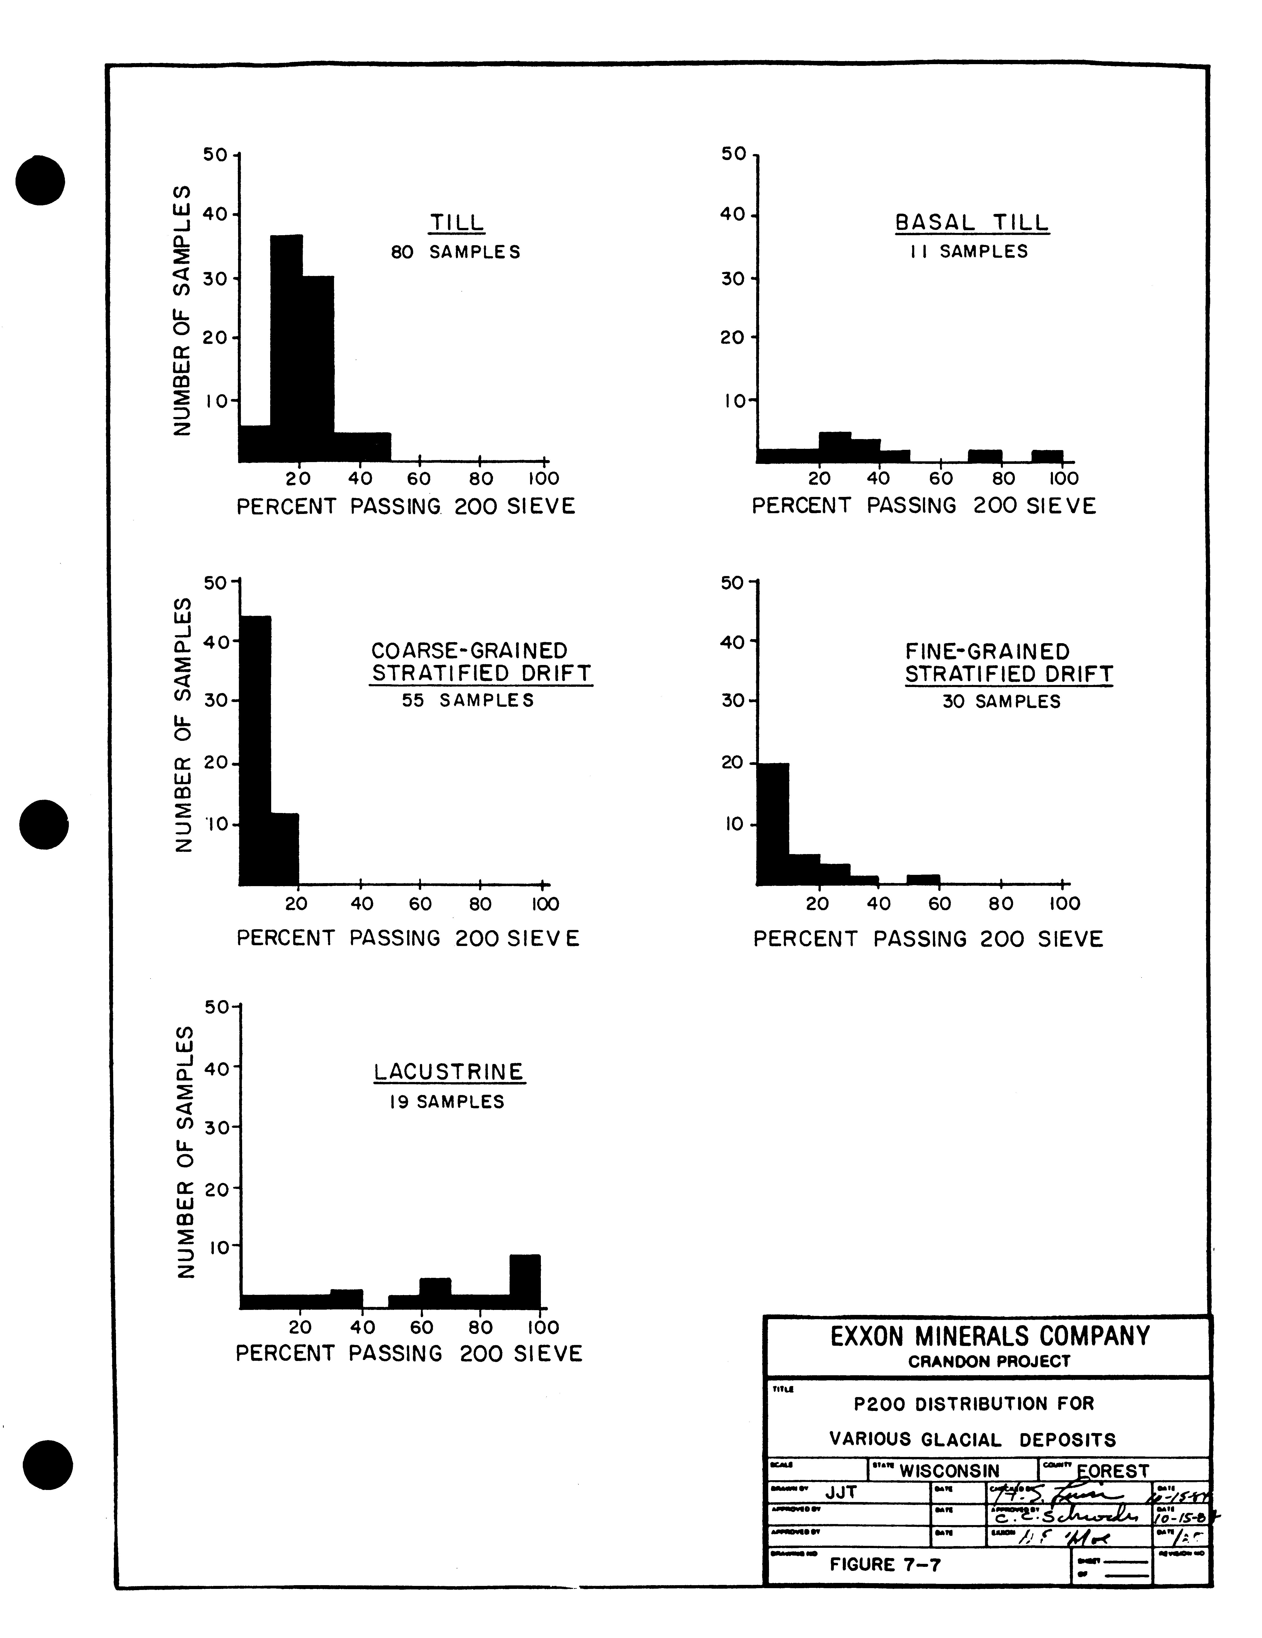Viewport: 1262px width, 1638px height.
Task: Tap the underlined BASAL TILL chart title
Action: pyautogui.click(x=972, y=223)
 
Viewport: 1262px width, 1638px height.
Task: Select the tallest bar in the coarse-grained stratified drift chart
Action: pyautogui.click(x=255, y=750)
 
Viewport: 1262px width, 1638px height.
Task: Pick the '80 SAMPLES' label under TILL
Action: pyautogui.click(x=455, y=252)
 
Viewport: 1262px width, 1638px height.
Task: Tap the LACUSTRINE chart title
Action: pyautogui.click(x=449, y=1072)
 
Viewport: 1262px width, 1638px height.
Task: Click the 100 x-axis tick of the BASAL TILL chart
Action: pyautogui.click(x=1062, y=478)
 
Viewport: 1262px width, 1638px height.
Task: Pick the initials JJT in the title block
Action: pyautogui.click(x=841, y=1492)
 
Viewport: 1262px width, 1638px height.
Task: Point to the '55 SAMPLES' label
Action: pyautogui.click(x=468, y=701)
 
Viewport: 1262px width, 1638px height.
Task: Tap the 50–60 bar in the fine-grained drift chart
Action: pyautogui.click(x=923, y=880)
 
